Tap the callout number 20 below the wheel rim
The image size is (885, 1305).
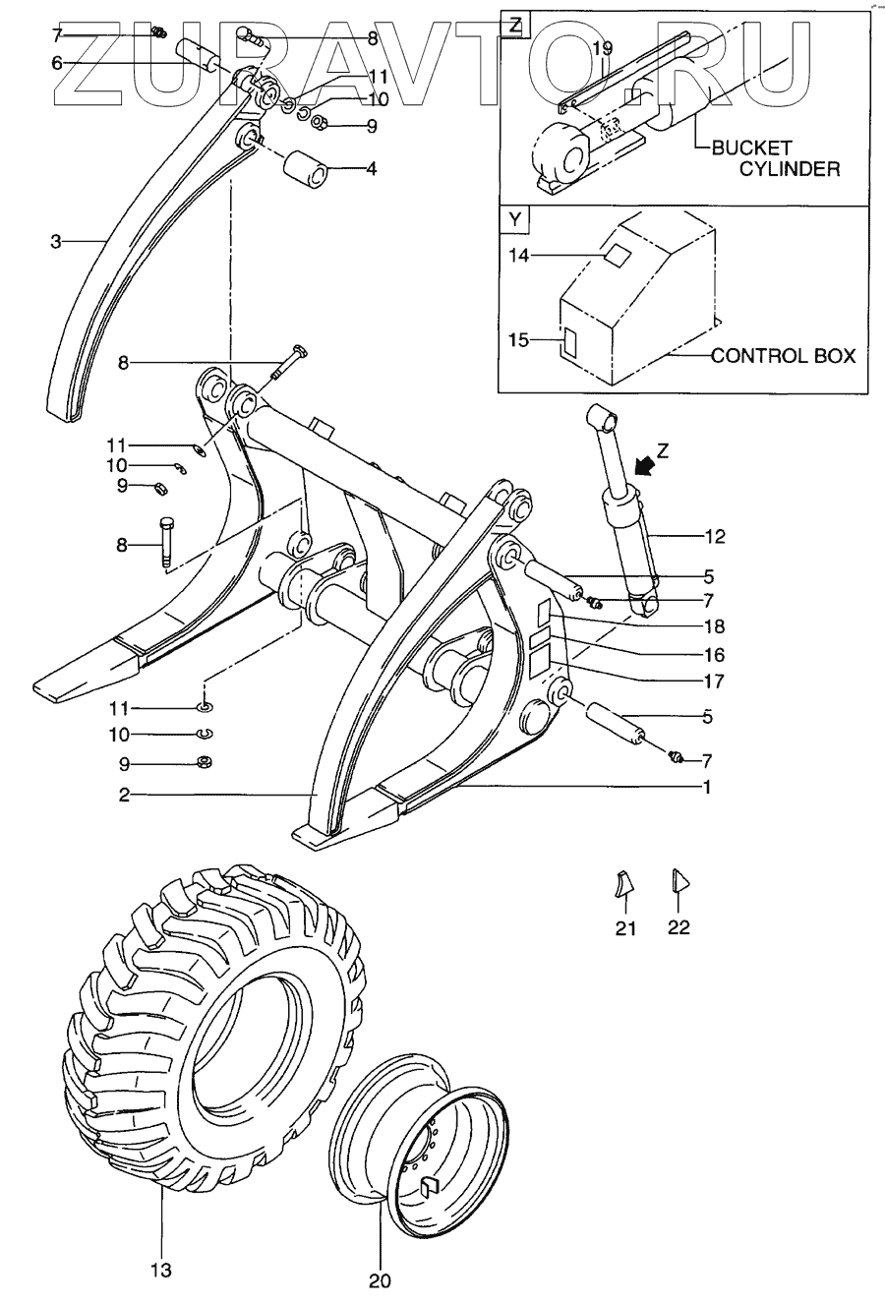380,1280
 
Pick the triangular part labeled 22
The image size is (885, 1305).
678,880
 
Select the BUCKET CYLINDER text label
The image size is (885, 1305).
776,158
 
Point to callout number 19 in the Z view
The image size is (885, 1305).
603,47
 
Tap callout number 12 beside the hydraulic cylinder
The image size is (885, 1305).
714,536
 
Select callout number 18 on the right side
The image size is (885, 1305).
714,626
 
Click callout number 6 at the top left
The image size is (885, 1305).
56,61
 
